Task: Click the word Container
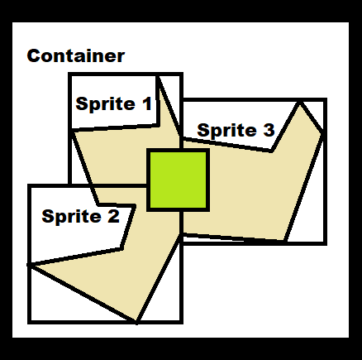pos(76,55)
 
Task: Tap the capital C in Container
pos(32,55)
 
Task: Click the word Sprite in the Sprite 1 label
pos(106,104)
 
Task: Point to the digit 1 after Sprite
pos(147,103)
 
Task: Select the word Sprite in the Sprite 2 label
pos(72,217)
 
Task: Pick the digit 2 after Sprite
pos(113,216)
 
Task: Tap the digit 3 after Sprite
pos(269,130)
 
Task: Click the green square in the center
pos(178,180)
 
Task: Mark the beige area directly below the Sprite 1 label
pos(116,155)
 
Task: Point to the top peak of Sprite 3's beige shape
pos(300,103)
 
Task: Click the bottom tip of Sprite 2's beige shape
pos(136,322)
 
